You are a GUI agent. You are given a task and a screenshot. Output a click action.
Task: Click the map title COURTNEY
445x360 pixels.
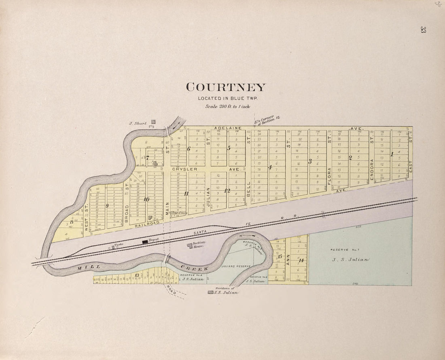226,87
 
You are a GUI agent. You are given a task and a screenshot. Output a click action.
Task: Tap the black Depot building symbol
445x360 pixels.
144,242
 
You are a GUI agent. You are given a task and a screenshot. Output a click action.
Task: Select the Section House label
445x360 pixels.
199,244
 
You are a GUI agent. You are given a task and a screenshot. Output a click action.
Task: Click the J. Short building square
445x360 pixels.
153,121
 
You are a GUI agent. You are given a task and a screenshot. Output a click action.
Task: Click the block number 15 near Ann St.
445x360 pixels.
280,256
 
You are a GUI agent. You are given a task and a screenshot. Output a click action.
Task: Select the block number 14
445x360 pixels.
301,260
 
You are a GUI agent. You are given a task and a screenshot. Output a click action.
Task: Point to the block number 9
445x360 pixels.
107,206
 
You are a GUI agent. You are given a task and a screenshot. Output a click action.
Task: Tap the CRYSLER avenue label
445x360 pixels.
185,169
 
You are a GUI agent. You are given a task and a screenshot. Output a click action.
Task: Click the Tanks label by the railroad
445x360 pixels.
118,244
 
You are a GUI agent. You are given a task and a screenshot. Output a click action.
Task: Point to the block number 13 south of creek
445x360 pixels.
137,275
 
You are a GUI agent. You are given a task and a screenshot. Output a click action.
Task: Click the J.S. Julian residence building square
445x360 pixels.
210,292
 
